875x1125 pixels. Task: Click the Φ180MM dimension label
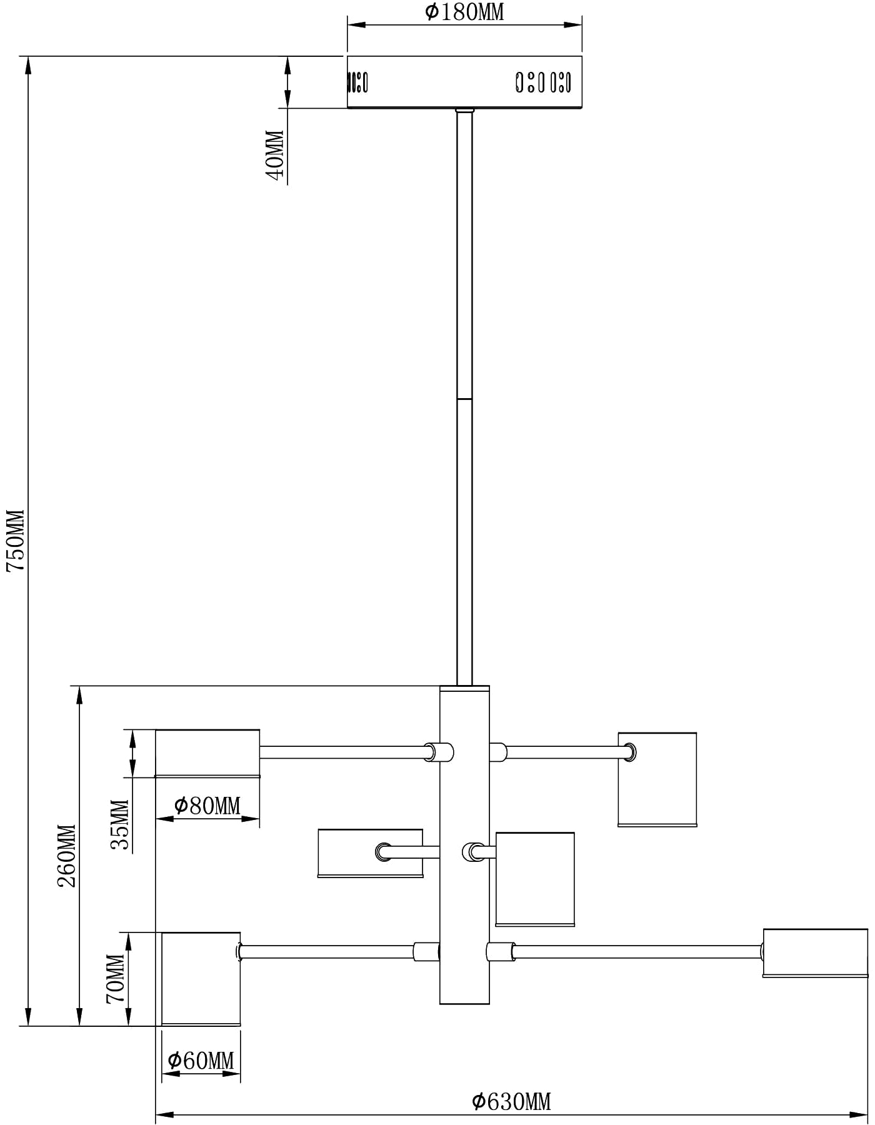coord(464,11)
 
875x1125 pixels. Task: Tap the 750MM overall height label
coord(15,540)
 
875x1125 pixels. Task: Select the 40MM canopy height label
coord(275,156)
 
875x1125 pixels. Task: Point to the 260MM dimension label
coord(66,856)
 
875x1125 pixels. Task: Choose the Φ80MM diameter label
coord(207,806)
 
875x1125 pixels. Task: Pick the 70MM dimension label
coord(116,978)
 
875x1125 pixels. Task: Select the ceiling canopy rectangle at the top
coord(464,82)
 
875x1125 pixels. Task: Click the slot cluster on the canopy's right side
coord(542,82)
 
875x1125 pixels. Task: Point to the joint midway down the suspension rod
coord(464,398)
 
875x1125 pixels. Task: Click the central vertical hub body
coord(464,844)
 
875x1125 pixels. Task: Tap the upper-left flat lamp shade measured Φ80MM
coord(207,753)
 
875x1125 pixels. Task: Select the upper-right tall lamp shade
coord(657,779)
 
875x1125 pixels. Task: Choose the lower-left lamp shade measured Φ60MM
coord(201,979)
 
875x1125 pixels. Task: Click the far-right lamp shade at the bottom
coord(815,953)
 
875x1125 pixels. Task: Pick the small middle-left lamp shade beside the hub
coord(370,853)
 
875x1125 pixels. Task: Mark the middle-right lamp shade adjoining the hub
coord(534,879)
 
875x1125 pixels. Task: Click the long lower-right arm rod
coord(637,952)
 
